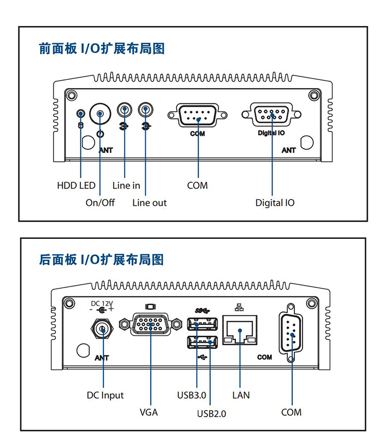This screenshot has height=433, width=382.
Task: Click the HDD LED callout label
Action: pyautogui.click(x=76, y=185)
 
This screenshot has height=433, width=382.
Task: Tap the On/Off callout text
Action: pyautogui.click(x=100, y=203)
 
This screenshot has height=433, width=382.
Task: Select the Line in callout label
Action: pyautogui.click(x=126, y=185)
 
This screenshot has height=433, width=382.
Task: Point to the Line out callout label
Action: pyautogui.click(x=149, y=203)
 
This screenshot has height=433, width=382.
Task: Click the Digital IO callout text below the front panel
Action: pyautogui.click(x=275, y=203)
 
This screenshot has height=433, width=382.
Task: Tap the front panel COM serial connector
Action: pyautogui.click(x=198, y=115)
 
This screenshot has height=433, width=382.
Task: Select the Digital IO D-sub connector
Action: pyautogui.click(x=271, y=115)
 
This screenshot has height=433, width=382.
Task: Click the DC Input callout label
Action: pyautogui.click(x=105, y=395)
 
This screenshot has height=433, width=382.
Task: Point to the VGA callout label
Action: pyautogui.click(x=149, y=412)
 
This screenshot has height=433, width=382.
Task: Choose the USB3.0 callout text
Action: pyautogui.click(x=192, y=395)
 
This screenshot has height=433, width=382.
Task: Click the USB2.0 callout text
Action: pyautogui.click(x=211, y=413)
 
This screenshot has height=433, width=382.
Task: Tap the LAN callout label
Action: pyautogui.click(x=241, y=395)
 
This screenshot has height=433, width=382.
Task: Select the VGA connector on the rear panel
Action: pyautogui.click(x=151, y=324)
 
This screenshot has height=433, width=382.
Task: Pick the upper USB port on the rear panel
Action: pyautogui.click(x=203, y=323)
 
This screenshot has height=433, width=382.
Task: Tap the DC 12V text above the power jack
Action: pyautogui.click(x=102, y=303)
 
